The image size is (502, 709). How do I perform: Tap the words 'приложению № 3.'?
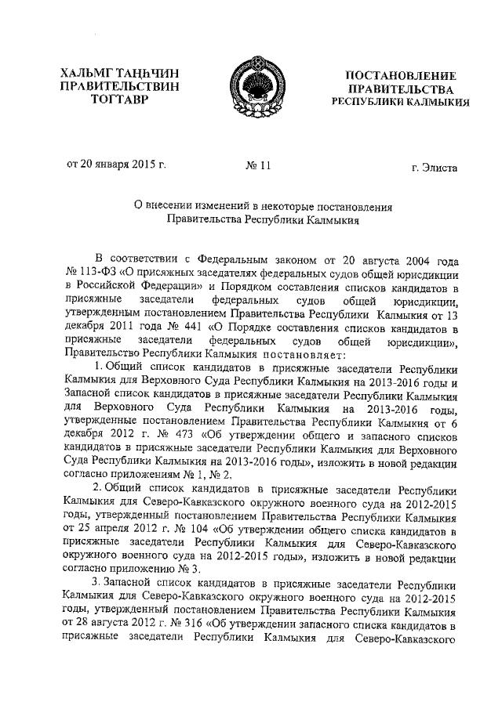pyautogui.click(x=153, y=569)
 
